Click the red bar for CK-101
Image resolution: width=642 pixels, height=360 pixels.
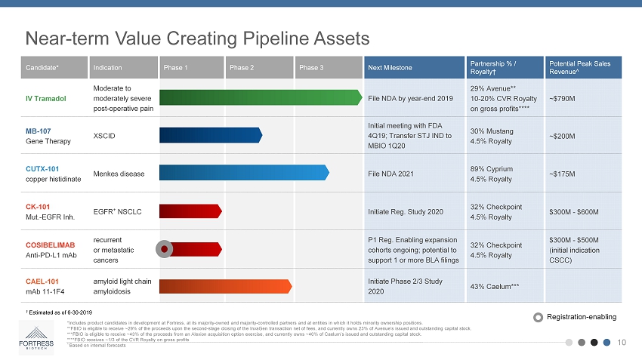(x=190, y=211)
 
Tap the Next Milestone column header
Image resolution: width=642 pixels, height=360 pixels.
(x=390, y=68)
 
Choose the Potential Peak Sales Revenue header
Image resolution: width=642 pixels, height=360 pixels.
(x=580, y=68)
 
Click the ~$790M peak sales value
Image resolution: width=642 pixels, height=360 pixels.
(x=566, y=98)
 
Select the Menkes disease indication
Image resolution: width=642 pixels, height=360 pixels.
(x=119, y=174)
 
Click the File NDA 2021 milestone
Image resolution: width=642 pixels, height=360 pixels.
(x=390, y=174)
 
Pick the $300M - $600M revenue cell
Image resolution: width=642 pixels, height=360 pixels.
(x=579, y=211)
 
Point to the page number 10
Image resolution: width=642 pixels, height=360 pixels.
(x=622, y=342)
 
